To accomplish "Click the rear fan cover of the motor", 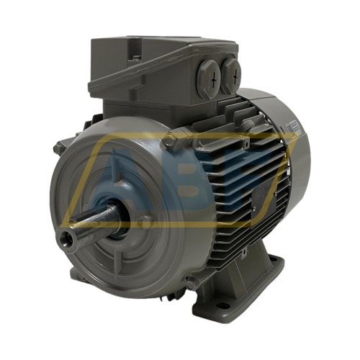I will [x=292, y=155].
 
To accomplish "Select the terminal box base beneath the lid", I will [x=144, y=101].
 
